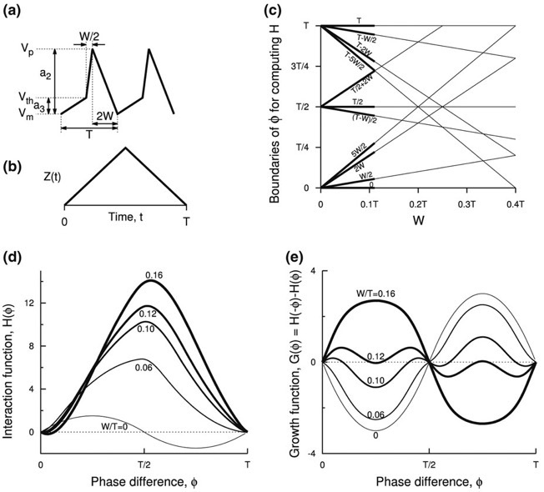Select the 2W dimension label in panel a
point(104,114)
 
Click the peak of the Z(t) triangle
point(125,148)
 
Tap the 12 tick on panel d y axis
point(29,302)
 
